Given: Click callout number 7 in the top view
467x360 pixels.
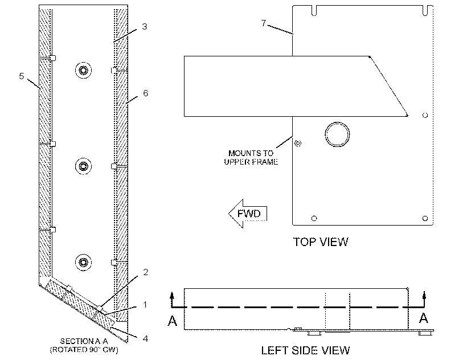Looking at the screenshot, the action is pos(263,23).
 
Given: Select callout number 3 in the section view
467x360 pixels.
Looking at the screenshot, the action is pos(145,27).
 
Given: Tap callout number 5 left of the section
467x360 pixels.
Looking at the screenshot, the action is pos(22,76).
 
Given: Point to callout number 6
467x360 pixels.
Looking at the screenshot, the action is pos(145,93).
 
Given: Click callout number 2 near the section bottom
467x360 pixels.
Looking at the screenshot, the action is pos(145,272).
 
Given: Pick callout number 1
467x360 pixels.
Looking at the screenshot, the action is pos(145,305).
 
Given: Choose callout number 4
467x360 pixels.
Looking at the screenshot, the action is pos(145,338).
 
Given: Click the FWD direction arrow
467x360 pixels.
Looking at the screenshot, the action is pos(248,214).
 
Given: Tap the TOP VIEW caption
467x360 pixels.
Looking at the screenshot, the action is pos(321,242).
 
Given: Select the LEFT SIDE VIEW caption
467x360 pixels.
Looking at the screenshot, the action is pos(306,350).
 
